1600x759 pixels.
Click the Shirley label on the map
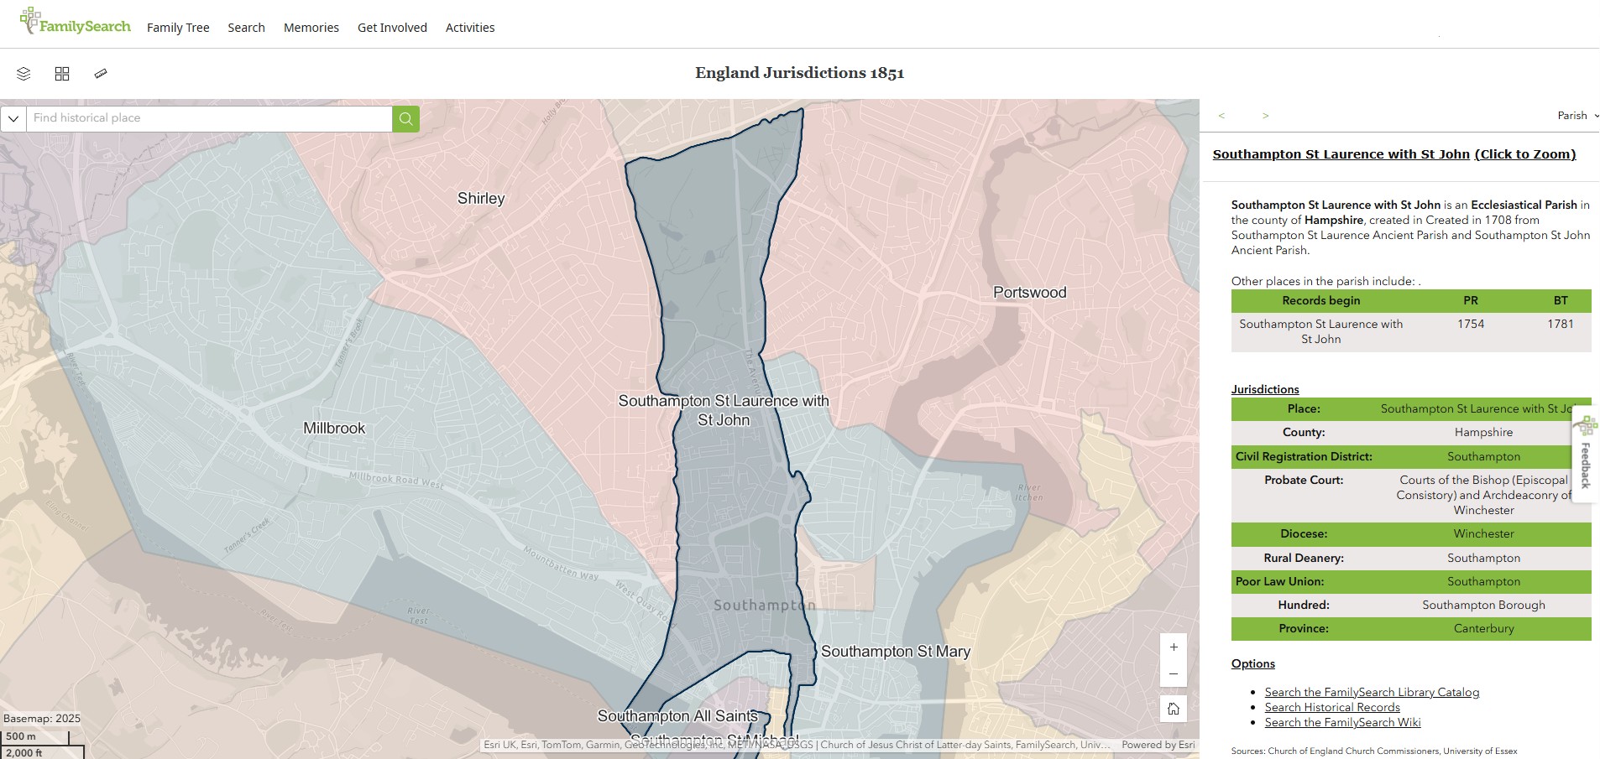(x=481, y=199)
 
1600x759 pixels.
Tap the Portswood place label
(x=1029, y=293)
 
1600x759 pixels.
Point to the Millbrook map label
(x=334, y=429)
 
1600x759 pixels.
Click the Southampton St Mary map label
(x=895, y=652)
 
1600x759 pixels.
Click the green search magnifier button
(x=405, y=118)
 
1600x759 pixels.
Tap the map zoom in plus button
(x=1174, y=647)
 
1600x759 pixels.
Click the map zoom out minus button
(x=1174, y=674)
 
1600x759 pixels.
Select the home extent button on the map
(x=1174, y=710)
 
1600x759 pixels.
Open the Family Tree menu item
(x=178, y=28)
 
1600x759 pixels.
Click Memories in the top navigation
(x=311, y=28)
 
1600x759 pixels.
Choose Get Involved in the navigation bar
(x=392, y=28)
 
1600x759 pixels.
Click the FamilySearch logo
(x=76, y=23)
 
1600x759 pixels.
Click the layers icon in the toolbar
(x=24, y=74)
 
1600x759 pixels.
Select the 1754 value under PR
(x=1471, y=325)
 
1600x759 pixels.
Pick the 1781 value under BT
(x=1561, y=325)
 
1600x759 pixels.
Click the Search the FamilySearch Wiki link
(x=1342, y=723)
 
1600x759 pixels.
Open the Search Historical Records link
(x=1332, y=708)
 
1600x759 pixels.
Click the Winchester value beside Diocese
(x=1483, y=534)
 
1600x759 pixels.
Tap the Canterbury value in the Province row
(x=1483, y=629)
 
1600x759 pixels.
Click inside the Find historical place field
(x=210, y=118)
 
